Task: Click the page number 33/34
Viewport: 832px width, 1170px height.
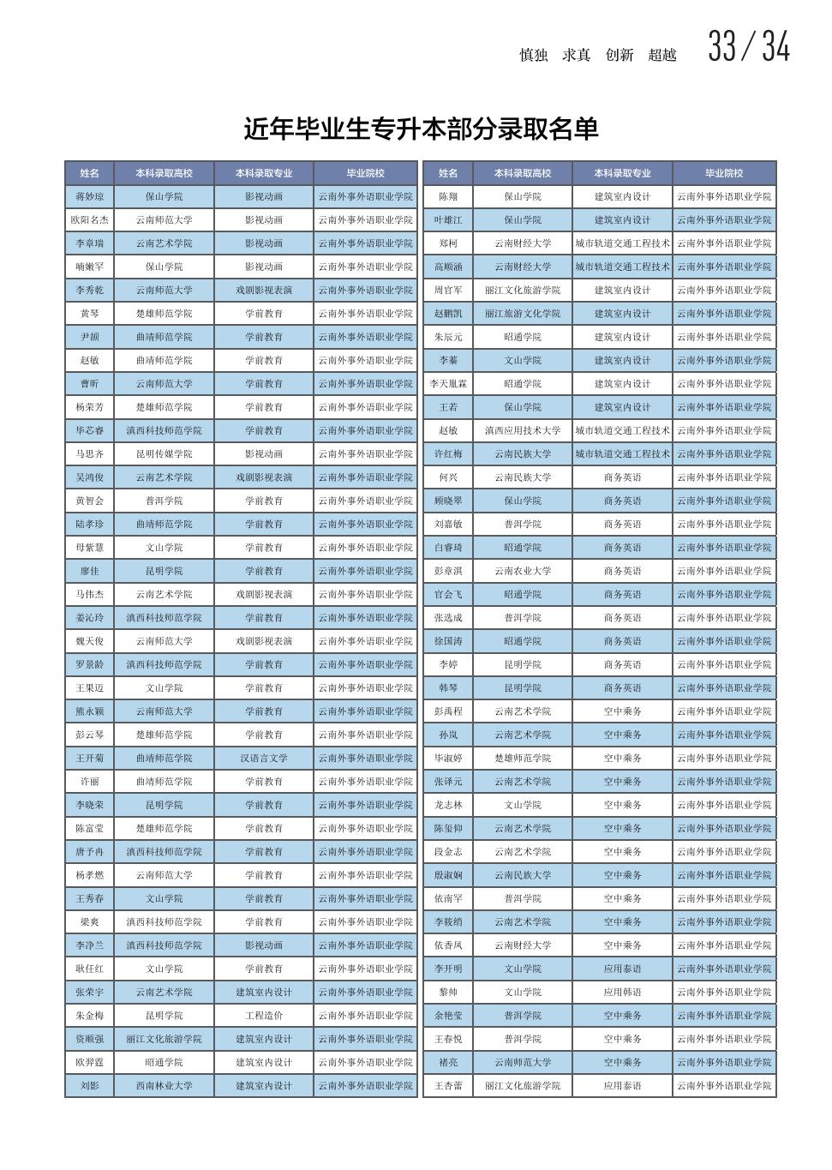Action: (748, 47)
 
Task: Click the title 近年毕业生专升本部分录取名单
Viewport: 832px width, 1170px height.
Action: (421, 129)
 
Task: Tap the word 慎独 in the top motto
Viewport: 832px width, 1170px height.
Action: (533, 55)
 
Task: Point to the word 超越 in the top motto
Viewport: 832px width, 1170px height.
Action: (662, 55)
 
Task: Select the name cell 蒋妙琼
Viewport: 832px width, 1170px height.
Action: (89, 196)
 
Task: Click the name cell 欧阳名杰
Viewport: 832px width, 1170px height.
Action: (89, 219)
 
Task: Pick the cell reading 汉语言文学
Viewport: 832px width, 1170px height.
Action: (264, 758)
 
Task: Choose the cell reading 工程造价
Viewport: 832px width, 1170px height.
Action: (264, 1015)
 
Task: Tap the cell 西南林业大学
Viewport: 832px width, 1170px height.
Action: (164, 1085)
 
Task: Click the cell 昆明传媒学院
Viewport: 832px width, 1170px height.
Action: (164, 453)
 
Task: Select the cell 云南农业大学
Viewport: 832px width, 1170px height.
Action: (523, 571)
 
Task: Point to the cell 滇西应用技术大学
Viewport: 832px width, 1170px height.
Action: (523, 430)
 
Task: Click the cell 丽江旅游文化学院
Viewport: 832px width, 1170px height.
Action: (523, 314)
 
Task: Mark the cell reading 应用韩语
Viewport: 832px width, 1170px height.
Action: (622, 992)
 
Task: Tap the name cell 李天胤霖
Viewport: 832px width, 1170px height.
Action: (448, 383)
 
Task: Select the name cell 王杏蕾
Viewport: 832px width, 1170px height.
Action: (448, 1085)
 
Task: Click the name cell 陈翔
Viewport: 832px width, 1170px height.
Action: (448, 196)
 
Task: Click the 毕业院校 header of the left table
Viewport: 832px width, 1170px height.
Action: (365, 173)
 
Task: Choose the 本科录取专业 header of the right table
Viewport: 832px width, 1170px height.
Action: (622, 173)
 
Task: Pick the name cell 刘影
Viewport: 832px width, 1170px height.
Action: (89, 1085)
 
